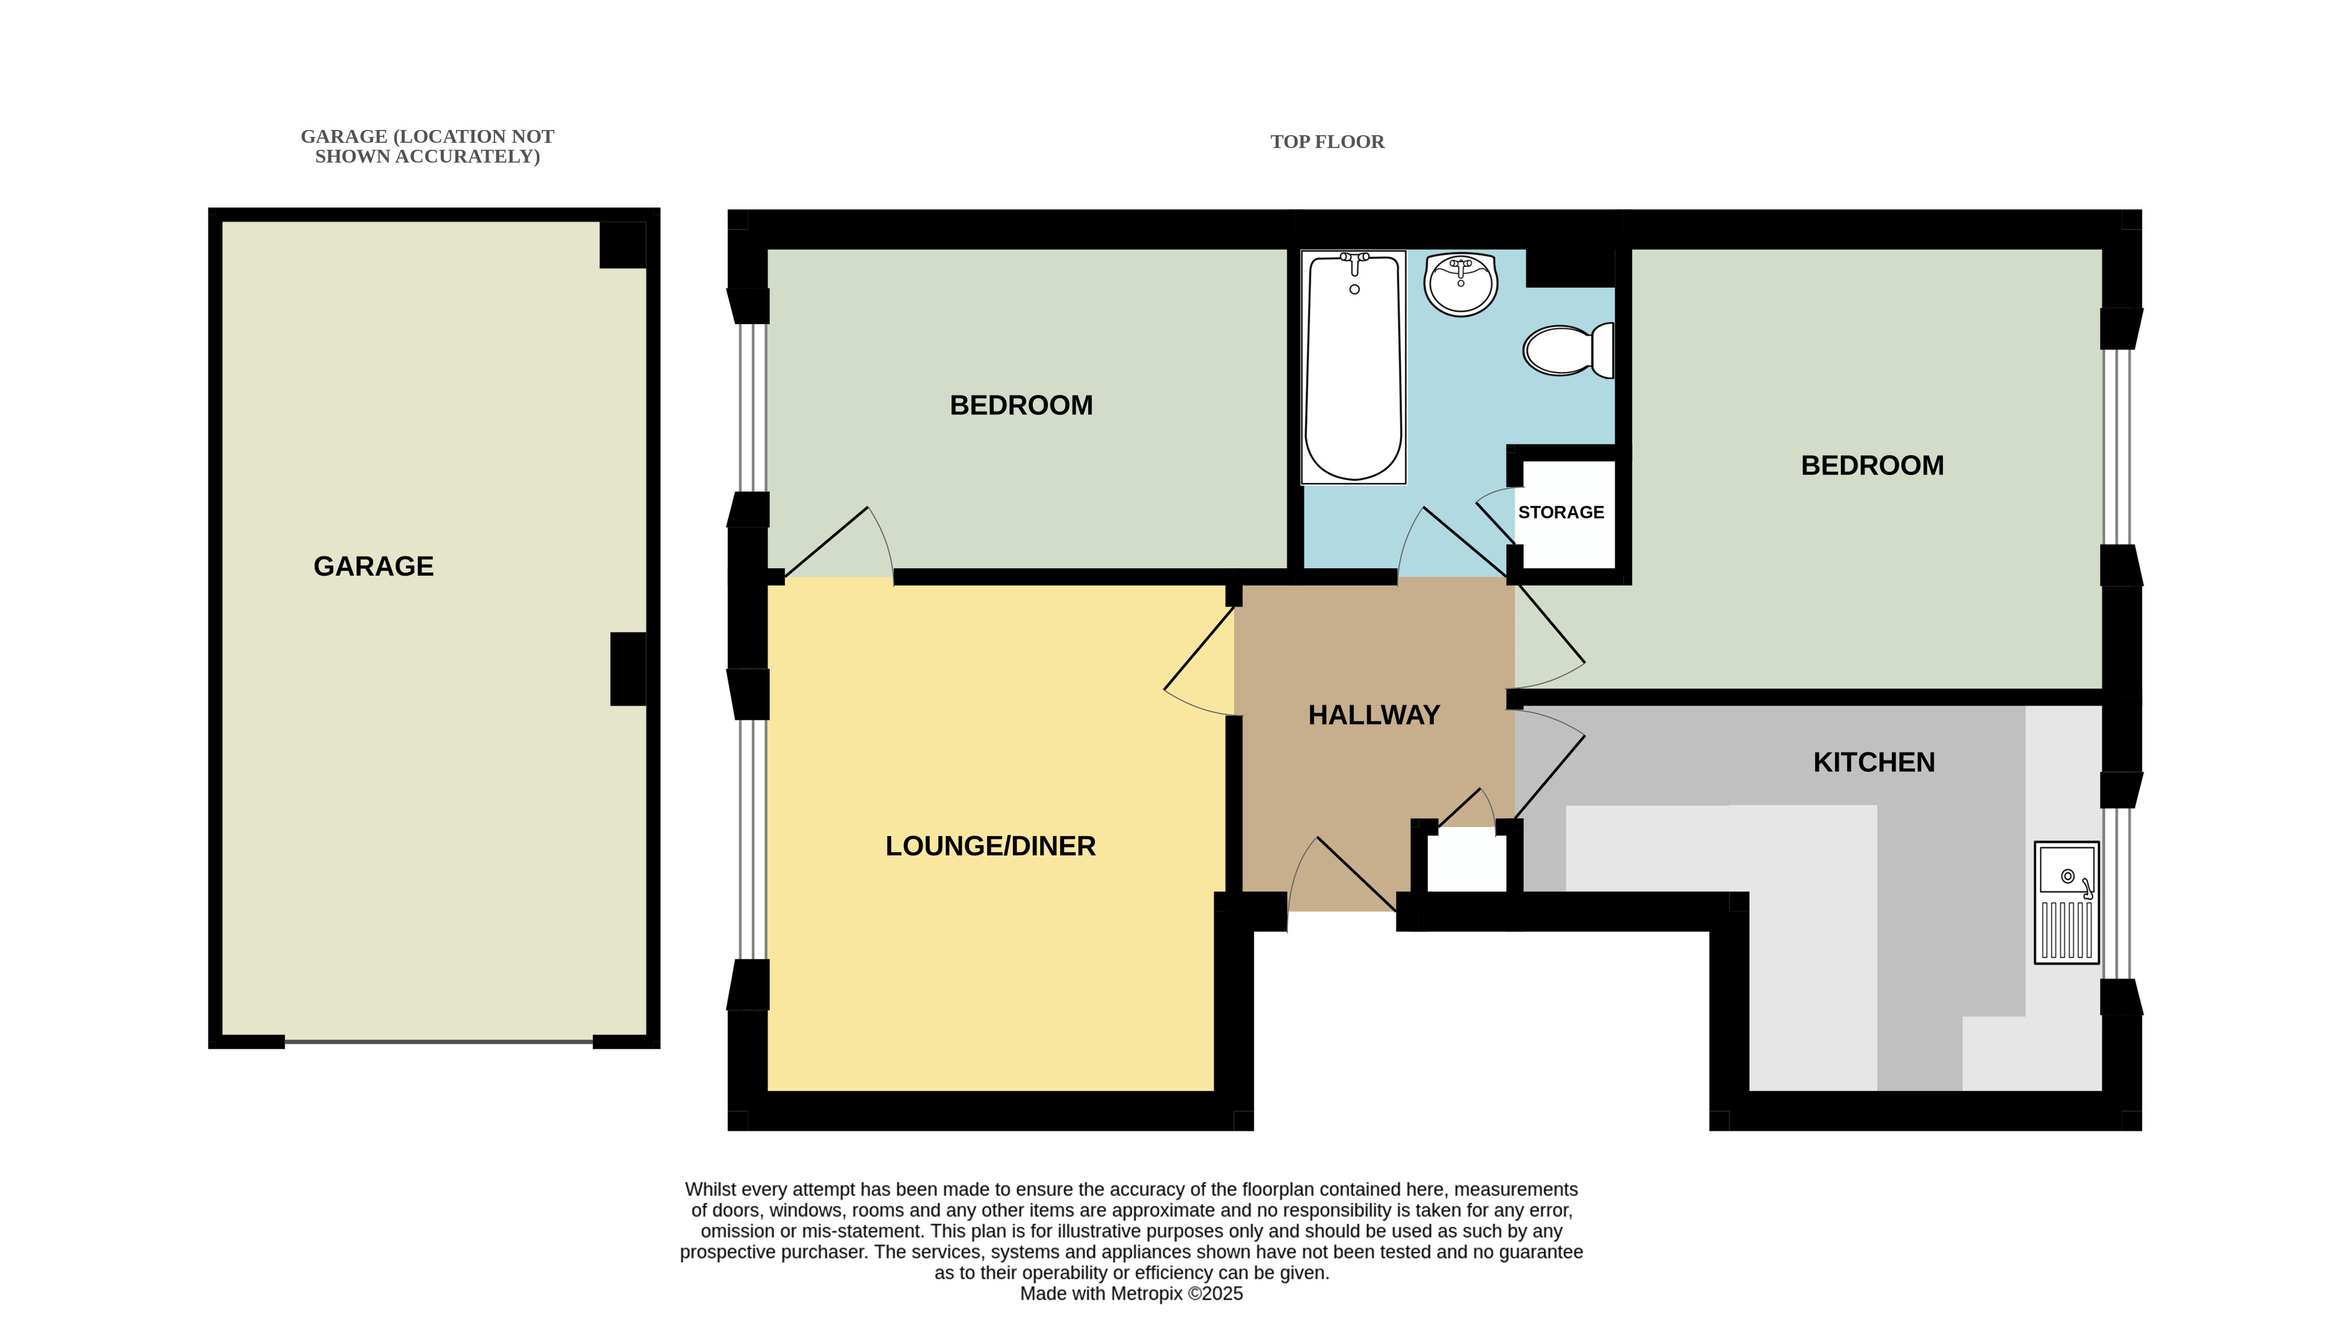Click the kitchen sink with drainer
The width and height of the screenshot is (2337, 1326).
pos(2066,902)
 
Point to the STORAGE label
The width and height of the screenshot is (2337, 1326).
pos(1561,513)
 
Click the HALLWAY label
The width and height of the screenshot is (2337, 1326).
pos(1373,715)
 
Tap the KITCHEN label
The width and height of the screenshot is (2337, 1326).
pos(1873,762)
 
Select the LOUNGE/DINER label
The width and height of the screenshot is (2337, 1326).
pos(990,846)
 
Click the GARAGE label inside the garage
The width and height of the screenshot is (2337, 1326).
pos(373,567)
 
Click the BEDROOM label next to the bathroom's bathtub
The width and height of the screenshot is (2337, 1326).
pos(1021,405)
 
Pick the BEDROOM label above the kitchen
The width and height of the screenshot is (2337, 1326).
pos(1872,465)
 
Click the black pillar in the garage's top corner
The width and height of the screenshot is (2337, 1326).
pos(623,245)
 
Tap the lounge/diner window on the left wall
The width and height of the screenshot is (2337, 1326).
pos(752,839)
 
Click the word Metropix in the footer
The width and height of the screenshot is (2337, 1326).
pos(1148,1293)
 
